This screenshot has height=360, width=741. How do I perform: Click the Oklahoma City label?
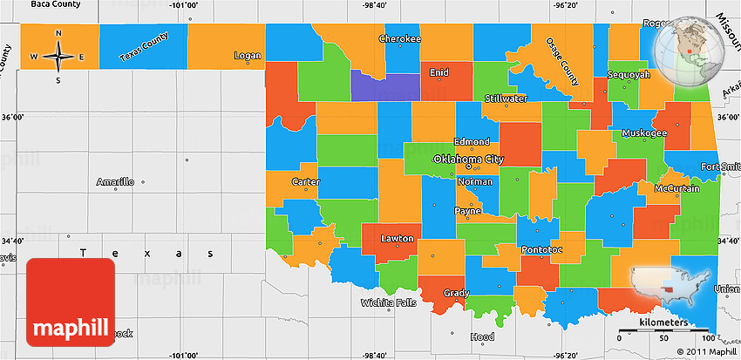[x=469, y=160]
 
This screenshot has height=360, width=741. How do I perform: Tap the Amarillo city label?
[x=115, y=182]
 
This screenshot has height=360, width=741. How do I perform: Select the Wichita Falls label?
[x=389, y=303]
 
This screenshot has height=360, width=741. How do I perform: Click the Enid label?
[x=439, y=73]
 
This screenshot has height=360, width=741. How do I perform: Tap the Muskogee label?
[x=644, y=133]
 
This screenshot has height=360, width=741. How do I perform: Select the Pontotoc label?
[x=542, y=250]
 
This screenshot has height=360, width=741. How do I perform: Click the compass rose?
[x=58, y=58]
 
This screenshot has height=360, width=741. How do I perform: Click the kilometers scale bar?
[x=667, y=334]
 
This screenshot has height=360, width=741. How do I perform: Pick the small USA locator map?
[x=676, y=289]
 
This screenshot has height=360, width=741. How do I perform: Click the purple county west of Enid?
[x=384, y=85]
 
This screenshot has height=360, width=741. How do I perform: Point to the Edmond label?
[x=472, y=142]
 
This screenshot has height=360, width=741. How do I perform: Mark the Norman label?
[x=475, y=182]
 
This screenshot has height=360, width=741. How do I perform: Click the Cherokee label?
[x=400, y=39]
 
